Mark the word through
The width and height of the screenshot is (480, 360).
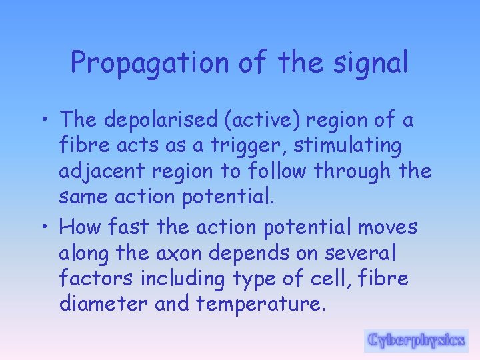point(353,171)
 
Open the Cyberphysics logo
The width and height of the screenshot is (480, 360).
point(416,340)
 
